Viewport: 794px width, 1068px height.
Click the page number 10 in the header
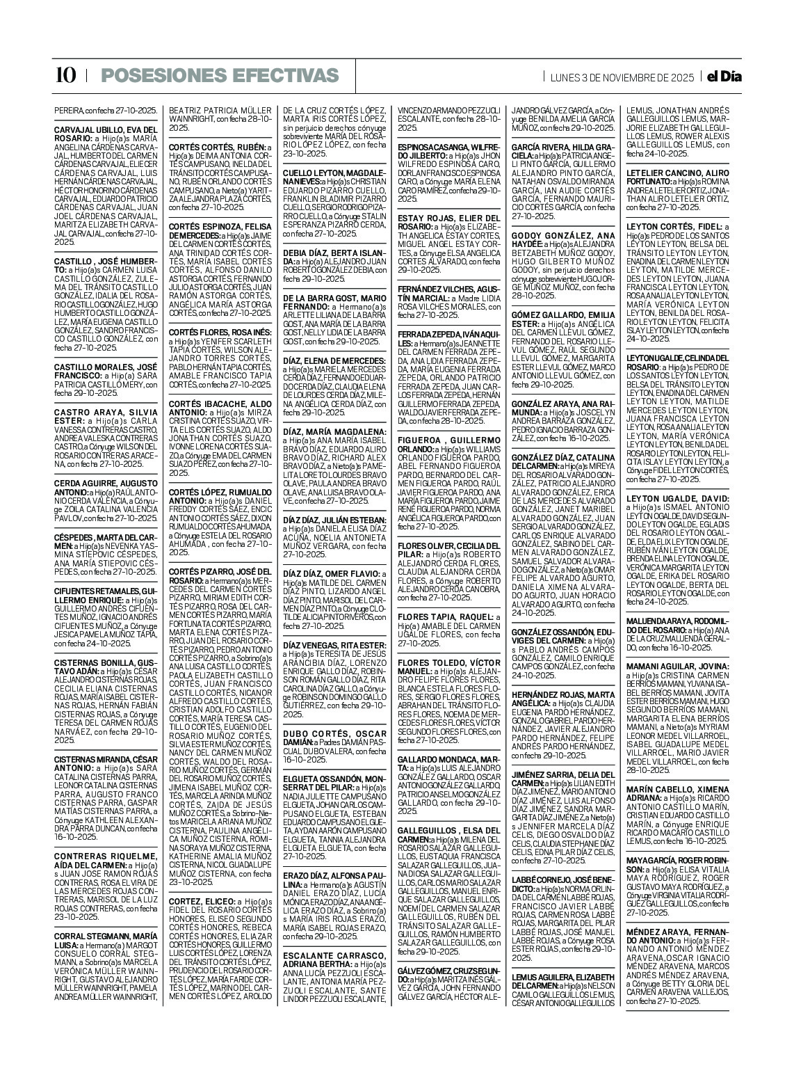click(x=65, y=76)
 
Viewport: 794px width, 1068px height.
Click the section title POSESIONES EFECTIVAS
click(x=219, y=76)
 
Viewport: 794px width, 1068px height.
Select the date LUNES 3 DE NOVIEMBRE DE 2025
click(x=622, y=77)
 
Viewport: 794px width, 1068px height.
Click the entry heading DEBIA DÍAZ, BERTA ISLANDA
click(x=334, y=252)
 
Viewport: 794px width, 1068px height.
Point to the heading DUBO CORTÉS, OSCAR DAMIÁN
click(x=334, y=734)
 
